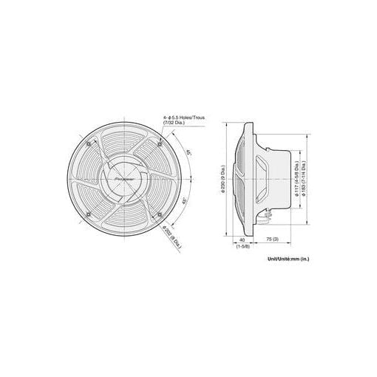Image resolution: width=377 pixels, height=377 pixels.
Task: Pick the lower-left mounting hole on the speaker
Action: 88,214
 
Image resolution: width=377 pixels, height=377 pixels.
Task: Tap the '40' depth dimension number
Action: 242,240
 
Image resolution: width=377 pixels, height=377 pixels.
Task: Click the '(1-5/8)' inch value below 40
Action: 242,247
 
